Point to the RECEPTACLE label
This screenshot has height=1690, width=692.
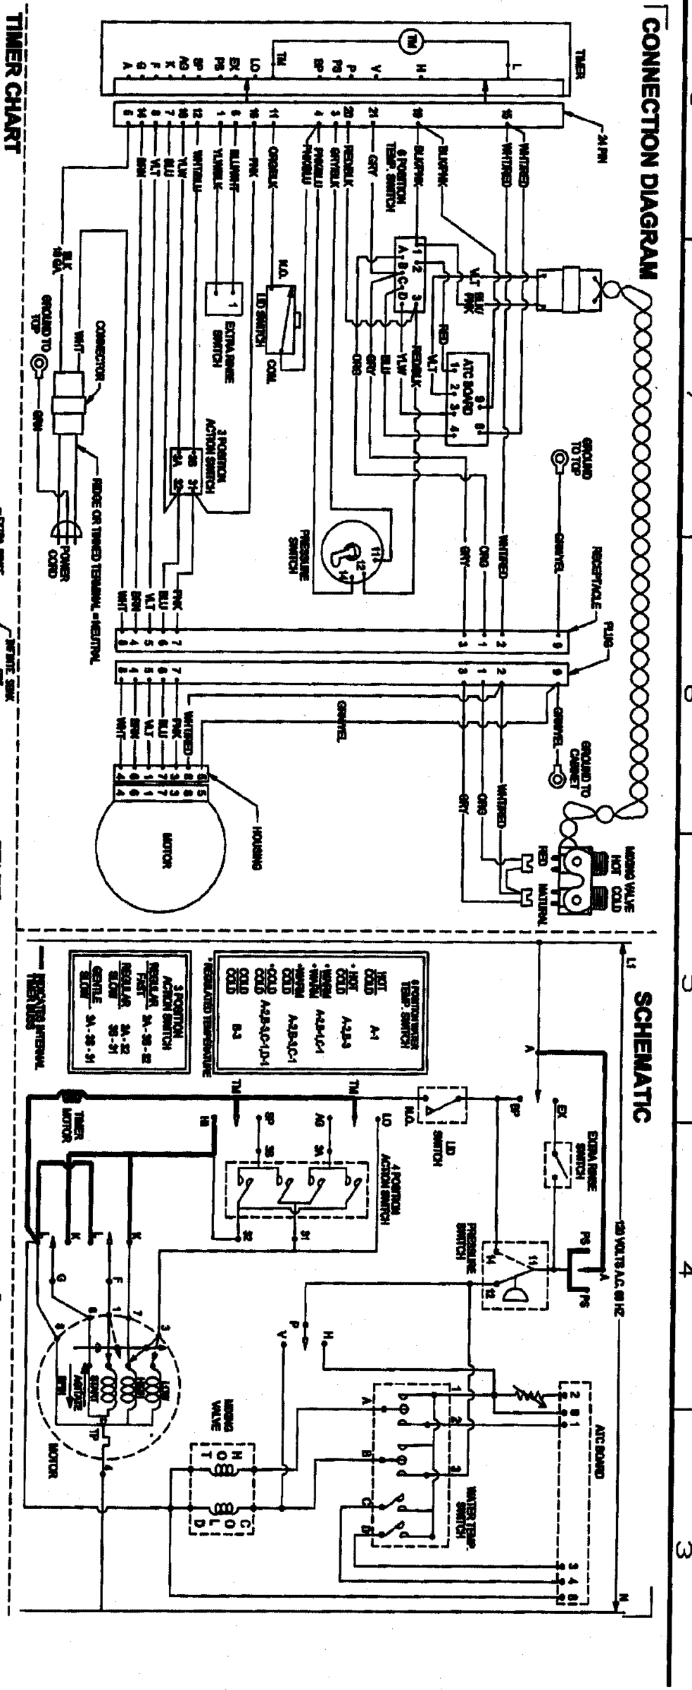595,577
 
